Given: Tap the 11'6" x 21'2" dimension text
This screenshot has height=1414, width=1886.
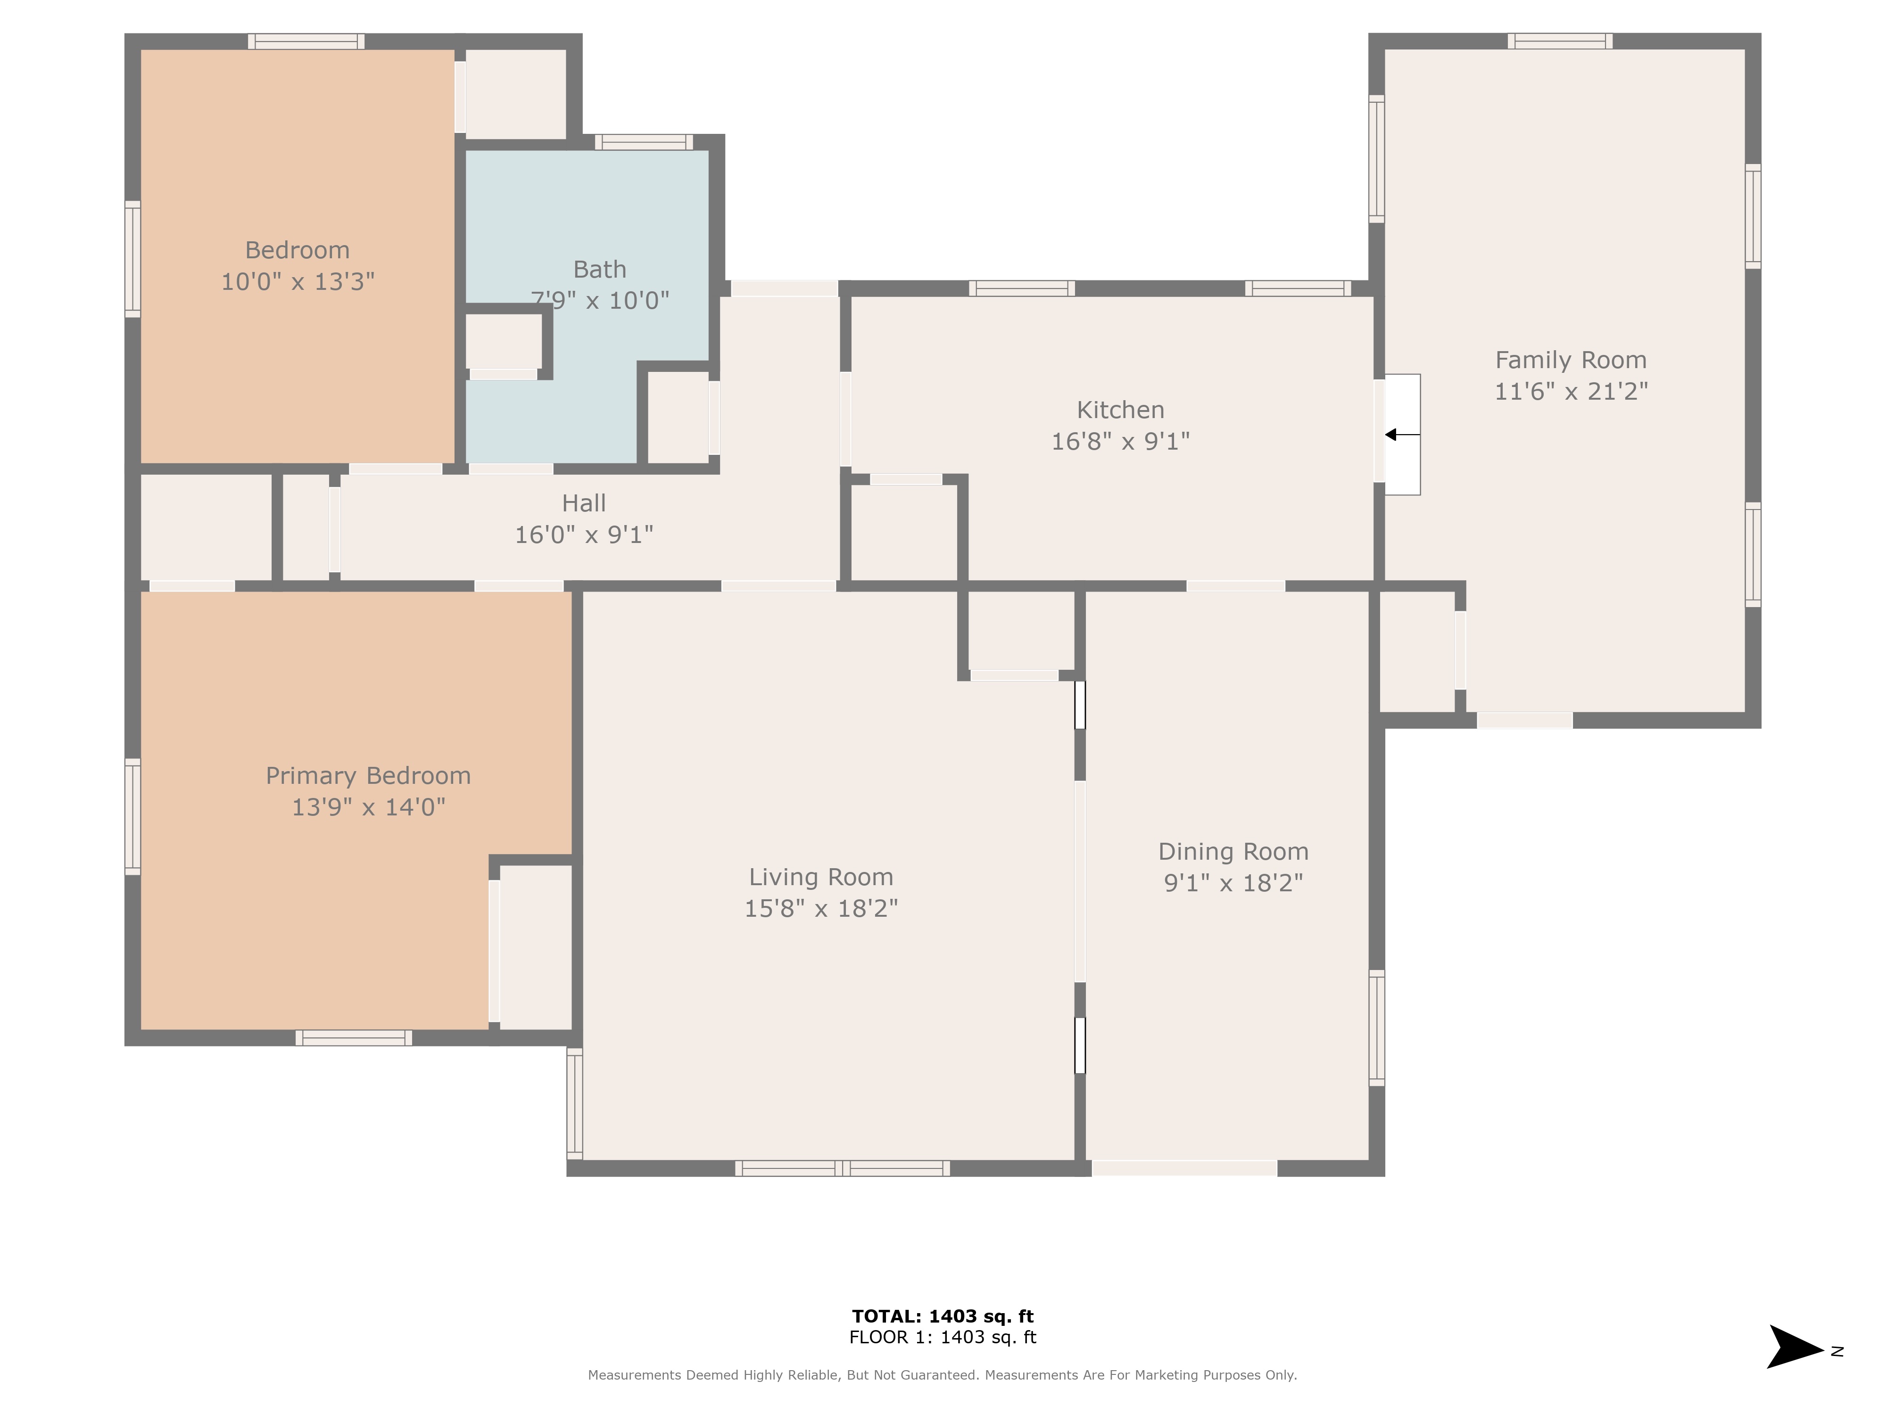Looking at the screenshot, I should pyautogui.click(x=1571, y=391).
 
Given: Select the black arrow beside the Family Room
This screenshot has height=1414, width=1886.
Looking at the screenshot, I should pyautogui.click(x=1402, y=435).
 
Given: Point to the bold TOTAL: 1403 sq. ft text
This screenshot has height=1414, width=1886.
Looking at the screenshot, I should pyautogui.click(x=942, y=1316).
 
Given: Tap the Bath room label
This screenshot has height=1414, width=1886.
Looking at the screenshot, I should pyautogui.click(x=599, y=269).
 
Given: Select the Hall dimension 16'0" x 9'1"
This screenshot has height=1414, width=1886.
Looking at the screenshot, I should pyautogui.click(x=584, y=534).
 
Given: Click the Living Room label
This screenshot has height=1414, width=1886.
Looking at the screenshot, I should pyautogui.click(x=820, y=877).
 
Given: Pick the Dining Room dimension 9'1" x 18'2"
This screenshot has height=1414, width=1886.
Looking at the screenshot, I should pyautogui.click(x=1233, y=883).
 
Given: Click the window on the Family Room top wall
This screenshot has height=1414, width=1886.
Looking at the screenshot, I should pyautogui.click(x=1559, y=41).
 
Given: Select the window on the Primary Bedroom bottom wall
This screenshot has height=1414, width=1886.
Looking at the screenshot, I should pyautogui.click(x=354, y=1037).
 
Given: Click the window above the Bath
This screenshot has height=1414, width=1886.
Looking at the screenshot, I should pyautogui.click(x=644, y=141).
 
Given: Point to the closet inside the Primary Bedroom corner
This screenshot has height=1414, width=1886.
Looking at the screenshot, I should pyautogui.click(x=535, y=946).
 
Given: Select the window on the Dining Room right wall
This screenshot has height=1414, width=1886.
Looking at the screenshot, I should pyautogui.click(x=1376, y=1027).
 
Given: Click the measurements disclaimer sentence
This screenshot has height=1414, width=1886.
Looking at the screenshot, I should pyautogui.click(x=942, y=1375).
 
